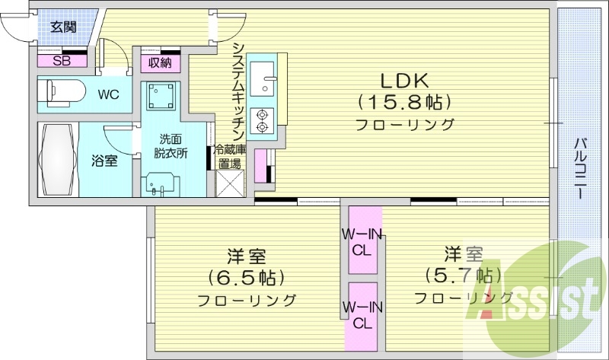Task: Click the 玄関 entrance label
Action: pyautogui.click(x=64, y=27)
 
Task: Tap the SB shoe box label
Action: pyautogui.click(x=61, y=61)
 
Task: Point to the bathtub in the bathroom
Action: pyautogui.click(x=57, y=161)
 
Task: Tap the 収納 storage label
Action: pyautogui.click(x=159, y=62)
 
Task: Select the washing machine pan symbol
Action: pyautogui.click(x=162, y=98)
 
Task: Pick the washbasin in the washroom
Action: pyautogui.click(x=160, y=183)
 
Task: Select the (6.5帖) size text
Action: pyautogui.click(x=247, y=276)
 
